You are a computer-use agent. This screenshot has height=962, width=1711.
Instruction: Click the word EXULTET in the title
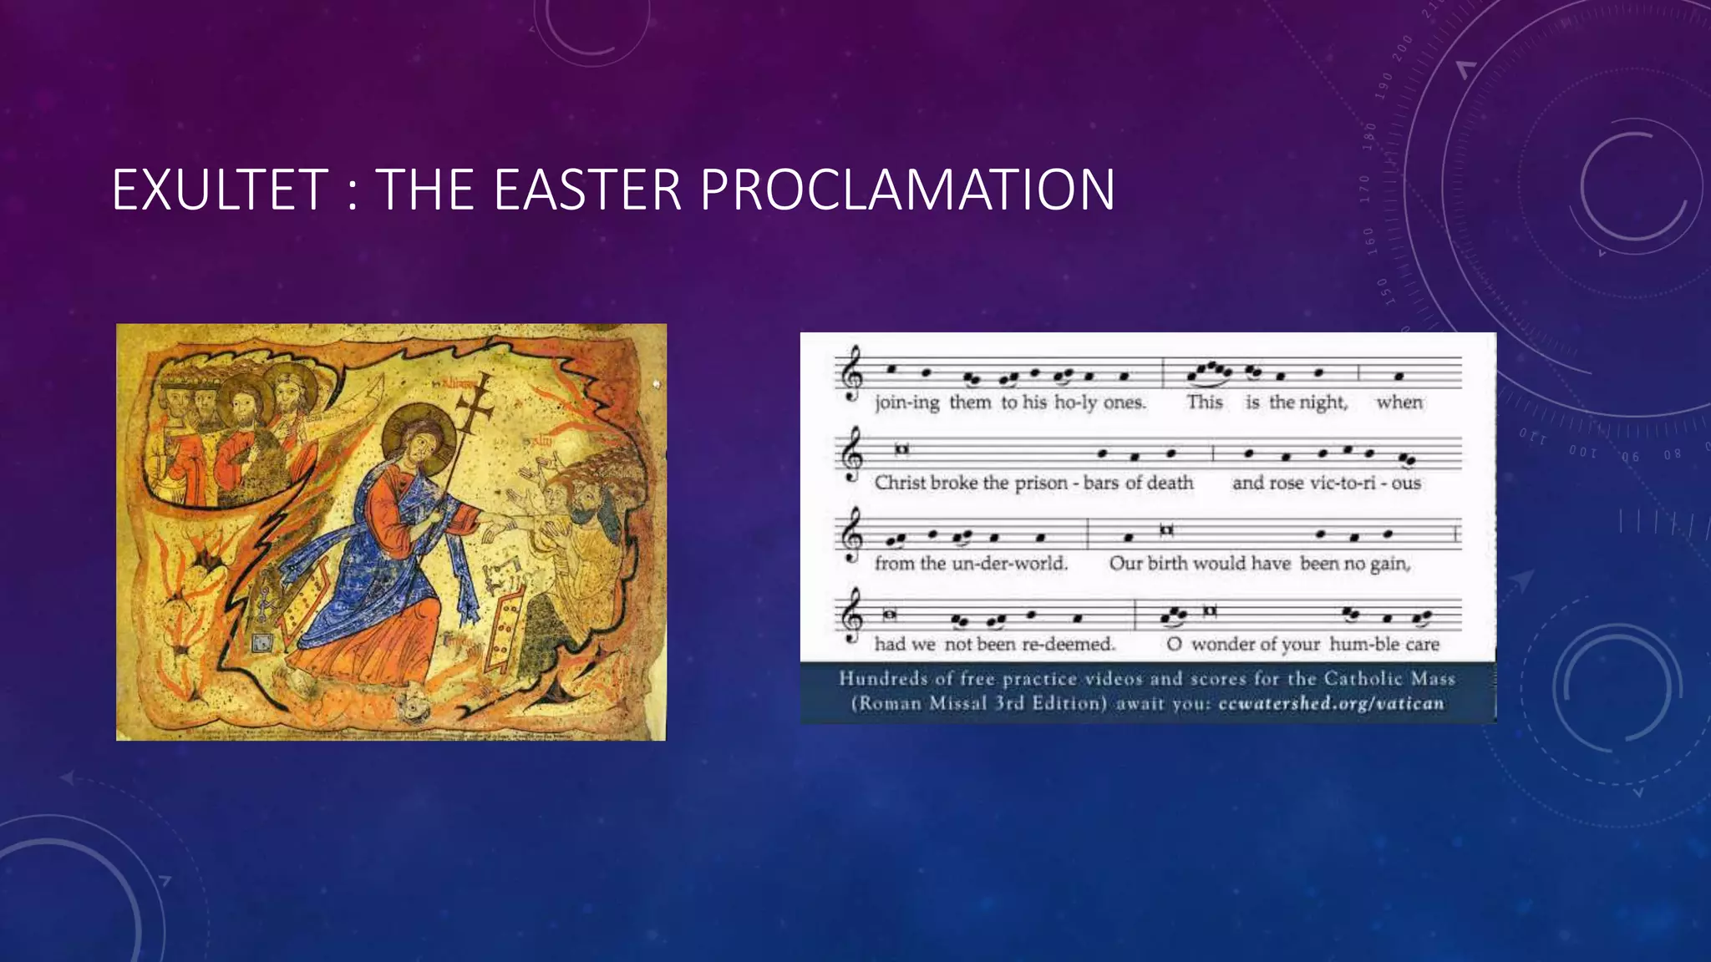[220, 190]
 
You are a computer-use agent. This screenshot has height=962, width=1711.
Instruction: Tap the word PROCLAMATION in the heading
[907, 190]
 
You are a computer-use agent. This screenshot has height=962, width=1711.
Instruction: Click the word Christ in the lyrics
[900, 483]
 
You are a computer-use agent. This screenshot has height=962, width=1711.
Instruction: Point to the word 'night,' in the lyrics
[1323, 403]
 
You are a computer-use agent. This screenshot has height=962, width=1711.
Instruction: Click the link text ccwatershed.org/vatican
[1331, 703]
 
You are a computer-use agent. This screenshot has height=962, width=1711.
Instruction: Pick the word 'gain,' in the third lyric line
[1390, 564]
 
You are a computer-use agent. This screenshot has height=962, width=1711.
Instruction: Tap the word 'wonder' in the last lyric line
[1222, 644]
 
